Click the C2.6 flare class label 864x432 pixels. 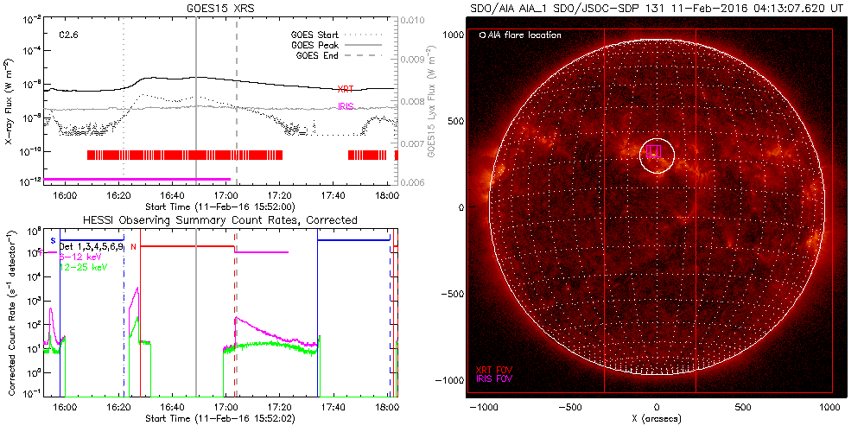click(x=69, y=35)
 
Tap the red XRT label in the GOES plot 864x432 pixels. click(x=345, y=89)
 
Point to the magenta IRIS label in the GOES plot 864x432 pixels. click(x=346, y=106)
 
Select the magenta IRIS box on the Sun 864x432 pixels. click(x=654, y=151)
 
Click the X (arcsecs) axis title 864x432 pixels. click(x=658, y=418)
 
